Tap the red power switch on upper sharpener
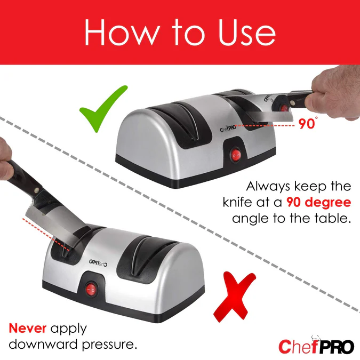[236, 156]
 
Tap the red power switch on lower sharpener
[91, 290]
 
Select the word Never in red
[28, 329]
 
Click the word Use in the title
[247, 33]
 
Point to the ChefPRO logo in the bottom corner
[316, 346]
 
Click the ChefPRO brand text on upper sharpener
[228, 129]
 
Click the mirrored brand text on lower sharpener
[98, 262]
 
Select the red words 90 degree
[319, 203]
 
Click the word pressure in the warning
[109, 345]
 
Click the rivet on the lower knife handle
[36, 190]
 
